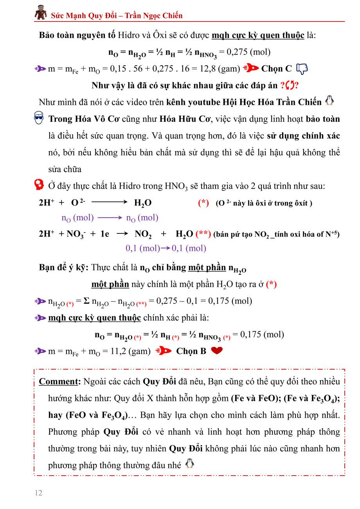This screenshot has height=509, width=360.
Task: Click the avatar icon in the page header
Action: pyautogui.click(x=41, y=13)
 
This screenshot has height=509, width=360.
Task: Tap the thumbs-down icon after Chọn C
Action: pyautogui.click(x=302, y=69)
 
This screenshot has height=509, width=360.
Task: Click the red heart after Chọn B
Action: pyautogui.click(x=216, y=351)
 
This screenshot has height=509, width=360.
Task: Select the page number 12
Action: pyautogui.click(x=38, y=493)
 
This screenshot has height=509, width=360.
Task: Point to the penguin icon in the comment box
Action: pyautogui.click(x=189, y=464)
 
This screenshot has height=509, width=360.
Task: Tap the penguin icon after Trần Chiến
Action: pyautogui.click(x=329, y=101)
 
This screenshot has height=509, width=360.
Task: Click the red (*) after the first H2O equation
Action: pyautogui.click(x=203, y=203)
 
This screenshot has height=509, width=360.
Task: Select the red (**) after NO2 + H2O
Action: pyautogui.click(x=203, y=234)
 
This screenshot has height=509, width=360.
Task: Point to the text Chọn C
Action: pyautogui.click(x=276, y=69)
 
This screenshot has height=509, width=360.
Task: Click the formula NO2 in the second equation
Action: pyautogui.click(x=143, y=235)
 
